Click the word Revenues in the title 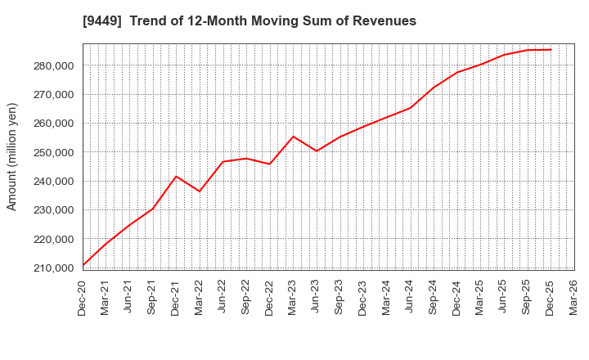pos(384,21)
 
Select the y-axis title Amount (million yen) pos(12,156)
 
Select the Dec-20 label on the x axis pos(83,298)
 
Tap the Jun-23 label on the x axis pos(317,298)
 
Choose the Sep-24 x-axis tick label pos(434,298)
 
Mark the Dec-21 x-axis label pos(176,298)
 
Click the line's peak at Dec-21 pos(176,176)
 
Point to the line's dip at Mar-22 pos(200,191)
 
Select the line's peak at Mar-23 pos(293,136)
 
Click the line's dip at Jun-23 pos(317,151)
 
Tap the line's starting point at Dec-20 pos(83,266)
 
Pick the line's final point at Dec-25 pos(551,49)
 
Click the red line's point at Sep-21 pos(153,209)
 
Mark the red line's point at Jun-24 pos(410,107)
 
